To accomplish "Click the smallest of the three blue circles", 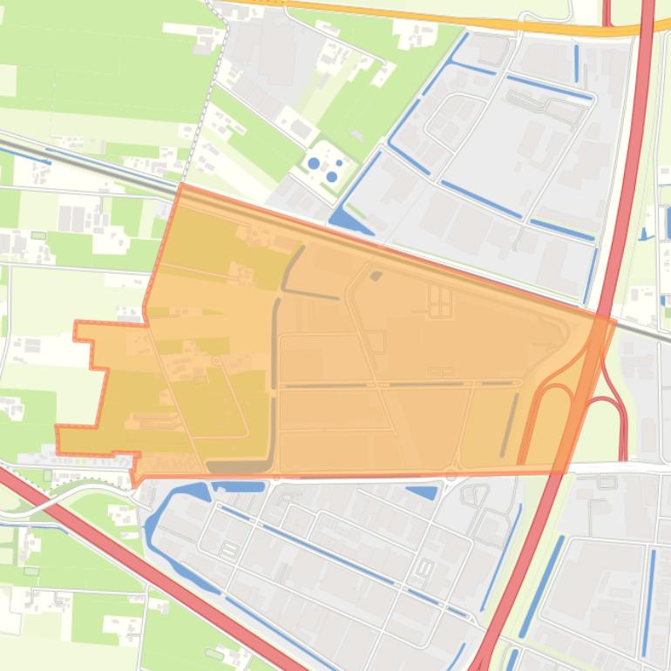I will click(x=339, y=163).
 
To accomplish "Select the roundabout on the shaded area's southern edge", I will click(x=451, y=476).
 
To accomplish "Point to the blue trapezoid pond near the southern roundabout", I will click(x=424, y=492).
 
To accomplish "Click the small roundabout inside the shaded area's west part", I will click(x=215, y=361).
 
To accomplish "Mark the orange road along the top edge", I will click(x=436, y=17).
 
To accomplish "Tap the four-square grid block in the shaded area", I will click(x=440, y=302).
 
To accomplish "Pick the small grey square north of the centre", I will click(x=376, y=276).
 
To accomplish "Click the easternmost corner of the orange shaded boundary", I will click(x=615, y=322).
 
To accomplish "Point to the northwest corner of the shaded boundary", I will click(x=180, y=186).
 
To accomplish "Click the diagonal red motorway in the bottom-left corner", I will click(x=131, y=549).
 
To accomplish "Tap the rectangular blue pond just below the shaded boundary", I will click(x=238, y=486).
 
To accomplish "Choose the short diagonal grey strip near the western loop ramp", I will click(x=510, y=424).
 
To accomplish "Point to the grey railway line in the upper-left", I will click(x=87, y=161).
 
